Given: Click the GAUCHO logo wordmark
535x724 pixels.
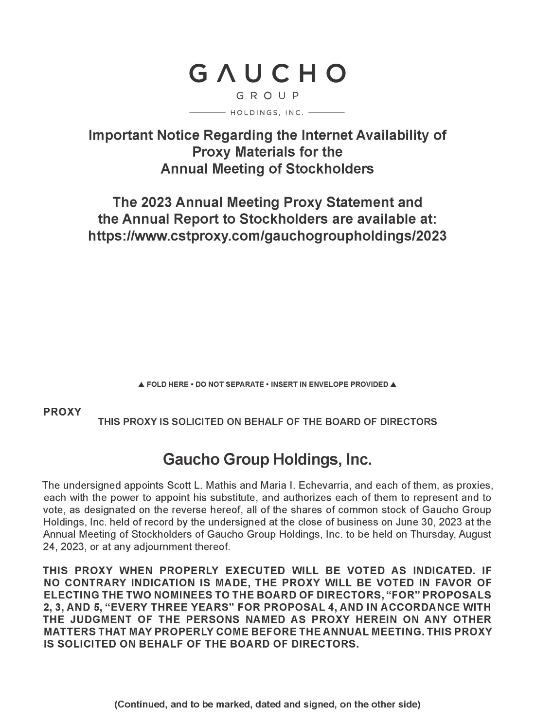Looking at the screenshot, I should [x=267, y=73].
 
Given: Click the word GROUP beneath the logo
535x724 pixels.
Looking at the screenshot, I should [x=267, y=95].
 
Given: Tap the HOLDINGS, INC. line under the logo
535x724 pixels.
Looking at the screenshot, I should [x=267, y=113].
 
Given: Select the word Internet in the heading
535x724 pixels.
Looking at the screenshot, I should [x=328, y=135].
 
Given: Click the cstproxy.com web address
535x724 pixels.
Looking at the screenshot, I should [x=267, y=236].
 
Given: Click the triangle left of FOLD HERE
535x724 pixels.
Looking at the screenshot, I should [x=141, y=384].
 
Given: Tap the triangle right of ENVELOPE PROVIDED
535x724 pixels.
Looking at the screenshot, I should [x=393, y=384].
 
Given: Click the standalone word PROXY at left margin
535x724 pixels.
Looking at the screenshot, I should [x=62, y=412].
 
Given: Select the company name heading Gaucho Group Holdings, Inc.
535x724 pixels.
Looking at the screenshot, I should [x=267, y=459].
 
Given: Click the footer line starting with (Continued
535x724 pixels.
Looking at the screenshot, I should [x=267, y=704].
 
